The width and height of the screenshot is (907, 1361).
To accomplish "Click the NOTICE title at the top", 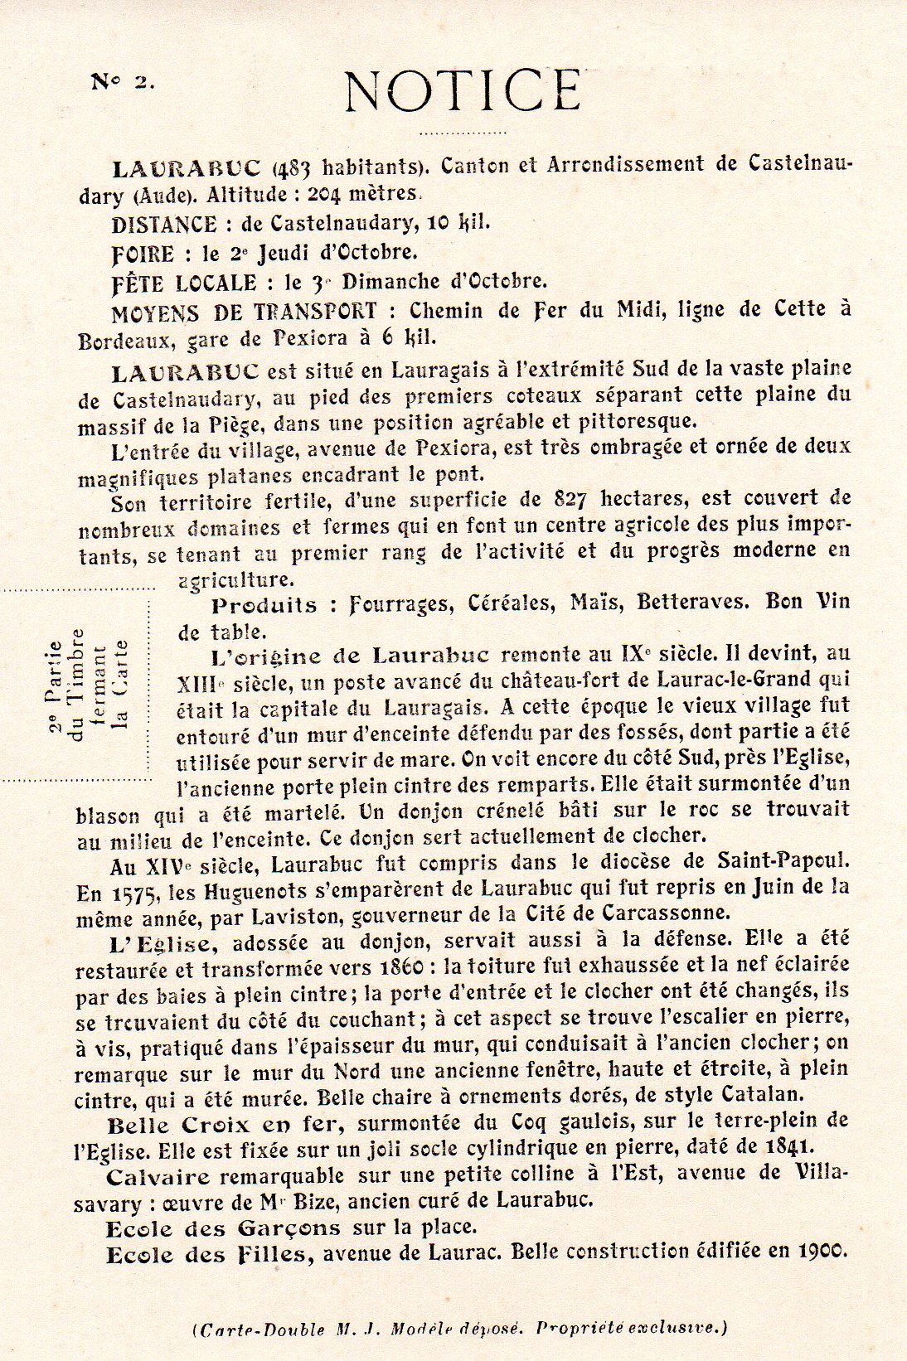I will coord(463,90).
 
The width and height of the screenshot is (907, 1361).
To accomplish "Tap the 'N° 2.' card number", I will coord(122,81).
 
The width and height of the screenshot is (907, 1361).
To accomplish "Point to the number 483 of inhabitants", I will coord(294,168).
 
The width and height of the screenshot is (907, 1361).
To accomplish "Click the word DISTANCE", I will coord(164,225).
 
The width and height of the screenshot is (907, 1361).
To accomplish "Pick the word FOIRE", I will coord(143,254).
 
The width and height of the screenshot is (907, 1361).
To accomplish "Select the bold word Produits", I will coord(264,605).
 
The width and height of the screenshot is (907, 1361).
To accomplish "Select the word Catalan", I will coord(762,1095).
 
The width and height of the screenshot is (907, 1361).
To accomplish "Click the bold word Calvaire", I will coord(158,1176).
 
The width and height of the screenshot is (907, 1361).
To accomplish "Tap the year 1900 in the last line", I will coord(821,1252).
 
